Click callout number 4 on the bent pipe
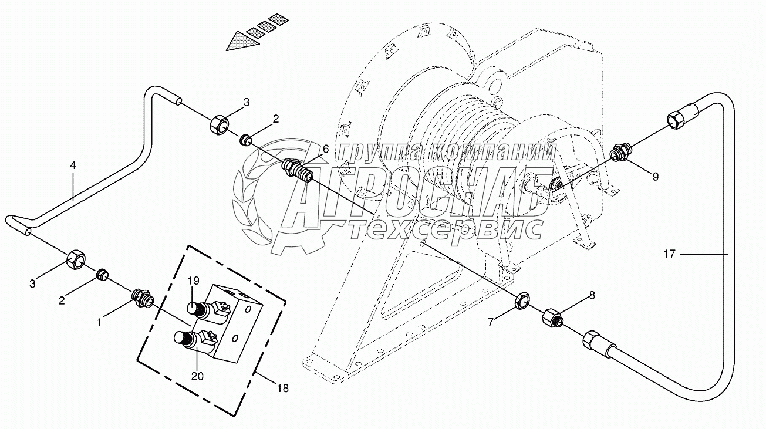[73, 166]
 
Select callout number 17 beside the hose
[670, 254]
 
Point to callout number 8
[592, 296]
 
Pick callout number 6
[324, 150]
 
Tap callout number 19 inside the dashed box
[194, 281]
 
